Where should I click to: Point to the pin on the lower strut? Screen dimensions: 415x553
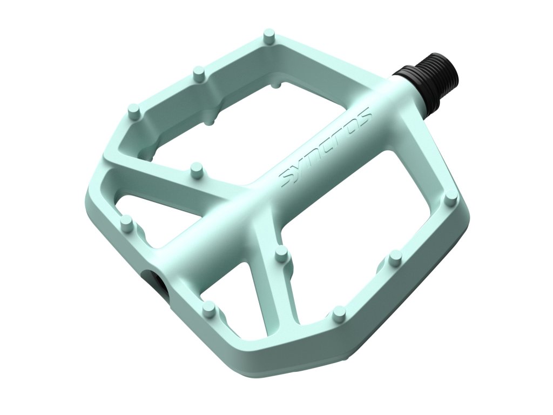(x=281, y=254)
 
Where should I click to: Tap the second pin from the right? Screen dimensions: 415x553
(x=395, y=256)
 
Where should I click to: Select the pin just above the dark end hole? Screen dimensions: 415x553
(x=126, y=222)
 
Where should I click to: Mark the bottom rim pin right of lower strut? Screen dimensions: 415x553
(x=339, y=313)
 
